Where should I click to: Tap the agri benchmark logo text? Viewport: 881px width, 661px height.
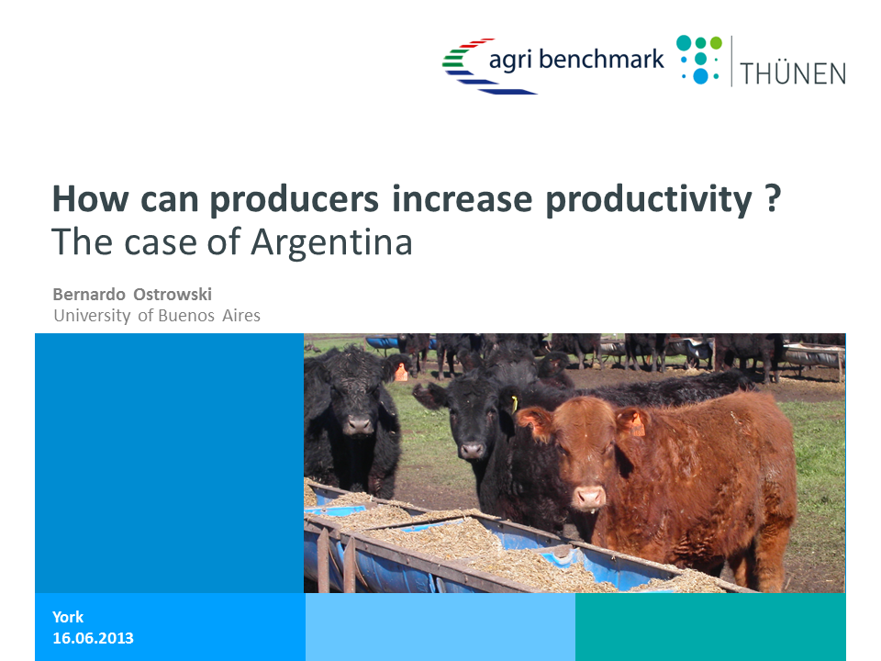576,59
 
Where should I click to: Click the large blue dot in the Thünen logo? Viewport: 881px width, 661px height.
700,76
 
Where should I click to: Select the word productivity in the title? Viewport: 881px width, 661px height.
649,199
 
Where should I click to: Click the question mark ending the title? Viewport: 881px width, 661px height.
773,197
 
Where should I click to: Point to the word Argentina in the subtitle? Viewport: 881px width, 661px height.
331,242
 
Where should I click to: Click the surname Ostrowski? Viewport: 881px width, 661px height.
173,294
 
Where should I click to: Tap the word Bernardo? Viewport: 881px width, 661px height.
89,294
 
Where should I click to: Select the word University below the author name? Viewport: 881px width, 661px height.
92,315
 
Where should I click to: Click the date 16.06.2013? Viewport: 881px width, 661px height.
94,638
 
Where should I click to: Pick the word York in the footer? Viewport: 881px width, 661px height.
68,617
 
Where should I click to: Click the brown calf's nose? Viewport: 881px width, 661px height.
588,497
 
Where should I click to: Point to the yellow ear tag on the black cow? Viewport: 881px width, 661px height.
514,404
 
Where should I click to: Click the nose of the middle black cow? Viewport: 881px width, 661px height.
473,450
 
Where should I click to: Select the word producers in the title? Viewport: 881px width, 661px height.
294,199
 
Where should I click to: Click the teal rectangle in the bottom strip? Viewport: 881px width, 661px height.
710,627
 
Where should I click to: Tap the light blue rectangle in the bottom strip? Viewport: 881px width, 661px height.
440,627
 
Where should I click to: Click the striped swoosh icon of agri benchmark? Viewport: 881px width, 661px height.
484,66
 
